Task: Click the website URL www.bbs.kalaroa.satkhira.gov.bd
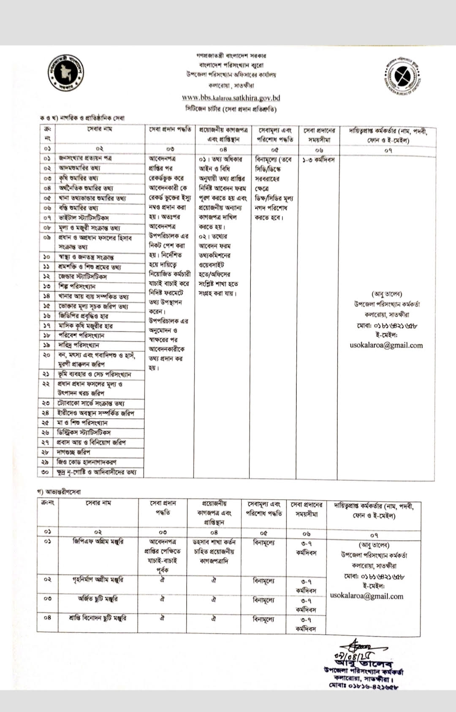click(231, 98)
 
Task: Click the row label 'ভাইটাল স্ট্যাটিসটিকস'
click(83, 218)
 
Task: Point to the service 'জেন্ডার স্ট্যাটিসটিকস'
click(83, 277)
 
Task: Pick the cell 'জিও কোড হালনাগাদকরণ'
click(87, 462)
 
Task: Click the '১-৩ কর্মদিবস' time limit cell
click(318, 160)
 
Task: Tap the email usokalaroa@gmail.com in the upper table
click(386, 345)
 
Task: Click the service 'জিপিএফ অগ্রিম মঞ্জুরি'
click(98, 541)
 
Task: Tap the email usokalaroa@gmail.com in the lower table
click(366, 596)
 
